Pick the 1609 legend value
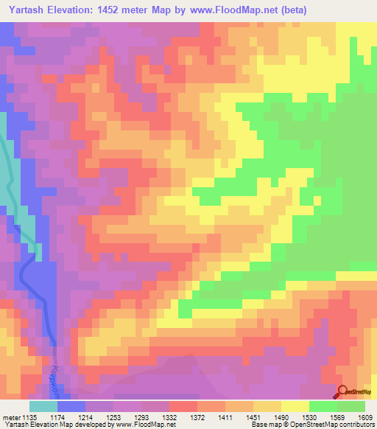click(367, 418)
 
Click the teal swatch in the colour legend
click(43, 406)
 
